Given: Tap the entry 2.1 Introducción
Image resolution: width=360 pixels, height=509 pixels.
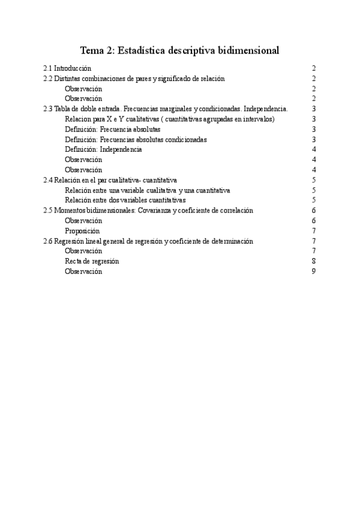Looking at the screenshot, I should [x=67, y=68].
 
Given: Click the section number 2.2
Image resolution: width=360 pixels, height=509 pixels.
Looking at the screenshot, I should [x=48, y=79].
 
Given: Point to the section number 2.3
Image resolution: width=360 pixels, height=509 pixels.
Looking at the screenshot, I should [x=48, y=109].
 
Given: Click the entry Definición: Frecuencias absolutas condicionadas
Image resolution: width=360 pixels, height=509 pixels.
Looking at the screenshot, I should [x=136, y=140].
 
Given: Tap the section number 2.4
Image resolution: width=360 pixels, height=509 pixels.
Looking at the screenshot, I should [x=48, y=180].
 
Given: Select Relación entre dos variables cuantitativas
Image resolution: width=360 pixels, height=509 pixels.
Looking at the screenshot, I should [x=125, y=200].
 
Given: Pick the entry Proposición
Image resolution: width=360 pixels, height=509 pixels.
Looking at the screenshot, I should [x=82, y=231].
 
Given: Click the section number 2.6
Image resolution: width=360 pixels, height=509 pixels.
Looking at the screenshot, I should [x=48, y=241].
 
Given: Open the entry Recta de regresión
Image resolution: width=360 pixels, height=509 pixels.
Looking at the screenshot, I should [x=92, y=262].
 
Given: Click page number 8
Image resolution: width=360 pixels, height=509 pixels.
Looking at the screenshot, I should [x=314, y=262].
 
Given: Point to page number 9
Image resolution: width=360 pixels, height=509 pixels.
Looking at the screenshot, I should [x=314, y=272].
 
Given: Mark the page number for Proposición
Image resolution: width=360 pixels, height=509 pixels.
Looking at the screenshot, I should [x=314, y=231].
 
